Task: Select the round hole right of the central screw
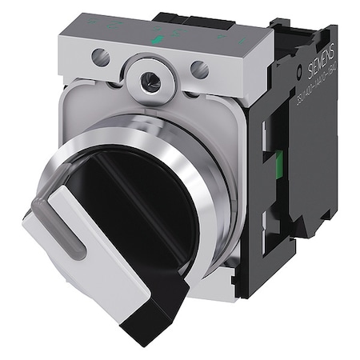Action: coord(201,70)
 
